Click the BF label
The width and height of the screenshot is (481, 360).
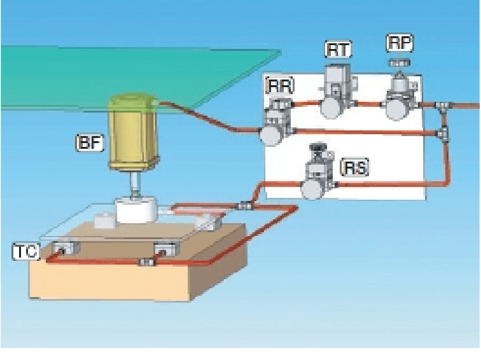(89, 144)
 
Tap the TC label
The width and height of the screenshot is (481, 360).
(25, 252)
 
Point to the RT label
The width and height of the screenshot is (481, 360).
(338, 49)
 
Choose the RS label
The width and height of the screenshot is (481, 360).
(355, 168)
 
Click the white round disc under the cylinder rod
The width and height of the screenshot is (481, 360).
(136, 210)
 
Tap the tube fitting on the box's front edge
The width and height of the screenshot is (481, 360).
(147, 262)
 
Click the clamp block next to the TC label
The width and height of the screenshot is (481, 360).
(62, 248)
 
